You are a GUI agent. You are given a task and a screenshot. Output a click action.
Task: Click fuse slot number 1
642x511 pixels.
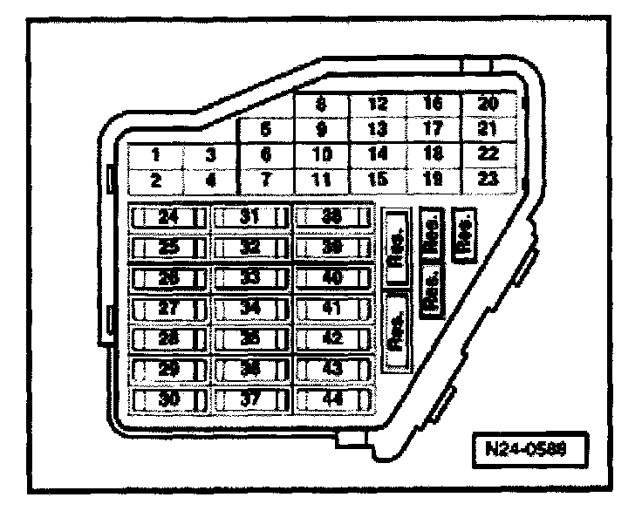tap(154, 155)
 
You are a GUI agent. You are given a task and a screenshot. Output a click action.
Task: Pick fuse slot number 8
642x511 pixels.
tap(321, 105)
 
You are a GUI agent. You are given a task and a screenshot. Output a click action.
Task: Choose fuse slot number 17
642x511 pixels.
tap(433, 129)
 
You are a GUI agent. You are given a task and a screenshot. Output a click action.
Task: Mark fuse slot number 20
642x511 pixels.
tap(489, 105)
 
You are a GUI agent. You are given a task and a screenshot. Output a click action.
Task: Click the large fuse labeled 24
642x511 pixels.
tap(168, 218)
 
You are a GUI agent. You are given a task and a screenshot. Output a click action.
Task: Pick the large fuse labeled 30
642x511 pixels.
tap(168, 401)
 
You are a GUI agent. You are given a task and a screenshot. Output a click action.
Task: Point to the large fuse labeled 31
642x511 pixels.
tap(251, 218)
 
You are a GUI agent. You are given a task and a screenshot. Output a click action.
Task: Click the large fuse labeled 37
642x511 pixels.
tap(251, 401)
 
